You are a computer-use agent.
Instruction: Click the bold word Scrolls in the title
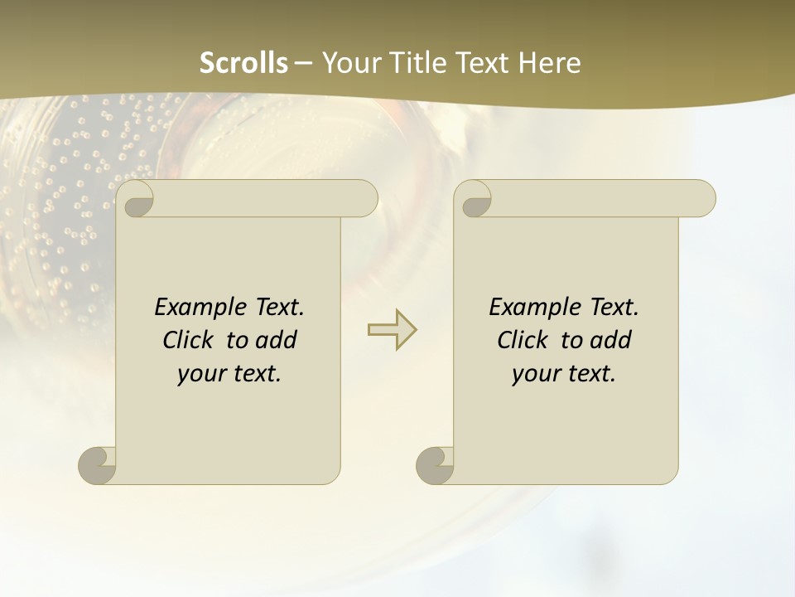(244, 63)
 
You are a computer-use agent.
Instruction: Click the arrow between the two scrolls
(393, 329)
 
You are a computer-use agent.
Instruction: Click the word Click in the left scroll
(188, 340)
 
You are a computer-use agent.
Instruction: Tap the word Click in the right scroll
(523, 340)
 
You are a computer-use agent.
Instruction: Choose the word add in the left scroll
(276, 340)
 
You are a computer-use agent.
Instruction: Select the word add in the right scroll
(611, 340)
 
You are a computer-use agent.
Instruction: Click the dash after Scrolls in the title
(303, 63)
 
